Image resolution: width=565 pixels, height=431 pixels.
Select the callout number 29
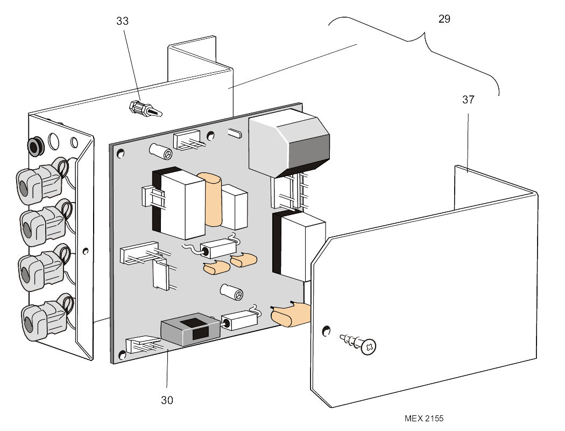pos(444,19)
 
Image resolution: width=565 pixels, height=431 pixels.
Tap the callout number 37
pos(468,100)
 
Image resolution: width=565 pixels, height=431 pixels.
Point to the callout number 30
pos(167,400)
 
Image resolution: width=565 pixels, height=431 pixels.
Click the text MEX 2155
pos(425,418)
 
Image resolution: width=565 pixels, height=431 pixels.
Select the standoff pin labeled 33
pos(144,109)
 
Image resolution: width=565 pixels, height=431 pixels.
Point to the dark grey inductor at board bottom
pos(190,330)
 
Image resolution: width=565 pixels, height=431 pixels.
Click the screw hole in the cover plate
pos(325,329)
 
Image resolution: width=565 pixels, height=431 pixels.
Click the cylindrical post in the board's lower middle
pos(232,292)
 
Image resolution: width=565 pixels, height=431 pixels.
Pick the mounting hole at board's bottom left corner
pos(121,355)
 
